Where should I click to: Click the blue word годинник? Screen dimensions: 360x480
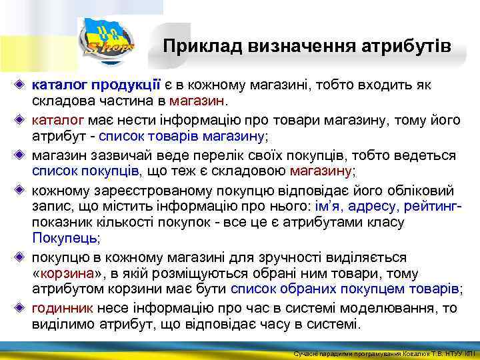63,309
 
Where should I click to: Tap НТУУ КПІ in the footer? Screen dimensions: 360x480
455,353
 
